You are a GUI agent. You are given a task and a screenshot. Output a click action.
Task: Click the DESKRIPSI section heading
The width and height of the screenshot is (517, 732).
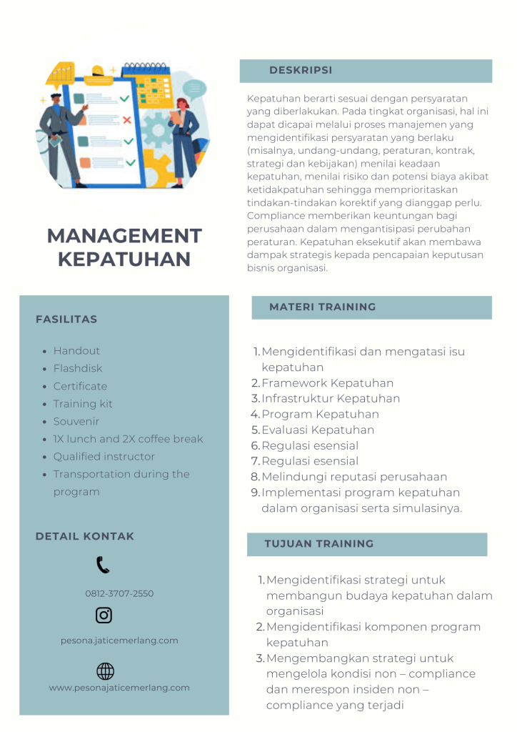point(301,71)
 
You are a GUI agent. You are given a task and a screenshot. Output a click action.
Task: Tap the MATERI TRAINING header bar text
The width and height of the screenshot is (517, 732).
point(322,307)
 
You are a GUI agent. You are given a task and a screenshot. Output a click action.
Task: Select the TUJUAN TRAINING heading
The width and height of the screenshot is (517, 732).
point(318,544)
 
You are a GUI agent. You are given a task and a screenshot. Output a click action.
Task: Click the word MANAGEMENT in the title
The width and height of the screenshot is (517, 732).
point(124,236)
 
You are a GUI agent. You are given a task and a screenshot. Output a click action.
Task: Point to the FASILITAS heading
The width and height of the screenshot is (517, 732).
point(66,320)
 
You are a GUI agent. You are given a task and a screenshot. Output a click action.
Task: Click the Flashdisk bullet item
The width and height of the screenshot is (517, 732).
point(78,369)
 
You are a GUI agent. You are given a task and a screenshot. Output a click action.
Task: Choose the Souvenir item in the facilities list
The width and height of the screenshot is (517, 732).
point(76,422)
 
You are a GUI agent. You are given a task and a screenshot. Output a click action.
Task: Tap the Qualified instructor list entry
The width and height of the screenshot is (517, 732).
point(104,457)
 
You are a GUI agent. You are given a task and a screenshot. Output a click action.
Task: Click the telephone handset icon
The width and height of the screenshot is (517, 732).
point(103,565)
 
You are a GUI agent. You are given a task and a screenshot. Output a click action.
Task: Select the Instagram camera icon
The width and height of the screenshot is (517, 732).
point(104,615)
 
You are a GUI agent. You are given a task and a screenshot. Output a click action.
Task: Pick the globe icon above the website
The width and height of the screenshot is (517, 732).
point(105,671)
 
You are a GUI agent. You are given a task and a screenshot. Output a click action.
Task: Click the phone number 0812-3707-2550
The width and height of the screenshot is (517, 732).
point(119,594)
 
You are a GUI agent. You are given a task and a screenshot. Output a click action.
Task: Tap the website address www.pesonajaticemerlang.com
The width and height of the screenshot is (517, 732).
point(119,688)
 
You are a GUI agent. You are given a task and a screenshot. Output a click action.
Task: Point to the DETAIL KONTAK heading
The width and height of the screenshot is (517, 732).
point(85,536)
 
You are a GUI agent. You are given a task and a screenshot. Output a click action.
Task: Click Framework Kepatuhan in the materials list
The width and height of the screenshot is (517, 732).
point(327,383)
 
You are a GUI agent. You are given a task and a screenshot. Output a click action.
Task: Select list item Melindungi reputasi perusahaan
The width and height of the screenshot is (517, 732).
point(354,477)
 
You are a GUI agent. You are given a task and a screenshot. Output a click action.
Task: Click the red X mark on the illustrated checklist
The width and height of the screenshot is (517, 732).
point(127,120)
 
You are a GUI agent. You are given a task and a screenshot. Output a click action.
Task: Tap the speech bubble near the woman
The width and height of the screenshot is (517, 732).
point(194,89)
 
